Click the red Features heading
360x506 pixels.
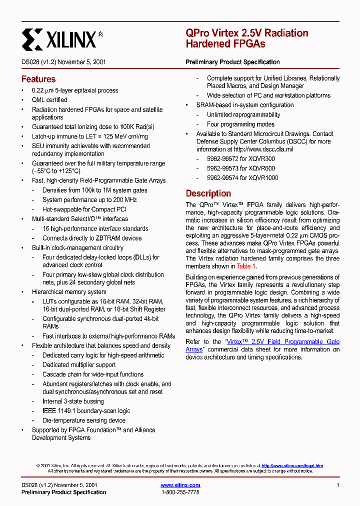click(x=38, y=79)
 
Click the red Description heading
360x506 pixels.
click(x=208, y=193)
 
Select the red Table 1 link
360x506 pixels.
click(x=246, y=266)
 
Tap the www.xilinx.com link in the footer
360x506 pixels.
click(x=180, y=485)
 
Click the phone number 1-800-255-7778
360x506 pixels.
click(x=180, y=492)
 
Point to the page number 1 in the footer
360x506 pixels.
click(x=338, y=485)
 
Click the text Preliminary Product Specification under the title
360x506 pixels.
click(x=232, y=62)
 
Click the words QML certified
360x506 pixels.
click(x=49, y=100)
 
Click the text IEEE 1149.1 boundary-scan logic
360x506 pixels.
click(x=86, y=410)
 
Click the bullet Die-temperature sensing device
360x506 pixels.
click(x=84, y=420)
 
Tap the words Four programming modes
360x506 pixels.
click(x=240, y=124)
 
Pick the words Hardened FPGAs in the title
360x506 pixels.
click(x=225, y=44)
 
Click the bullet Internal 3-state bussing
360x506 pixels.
click(x=73, y=401)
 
